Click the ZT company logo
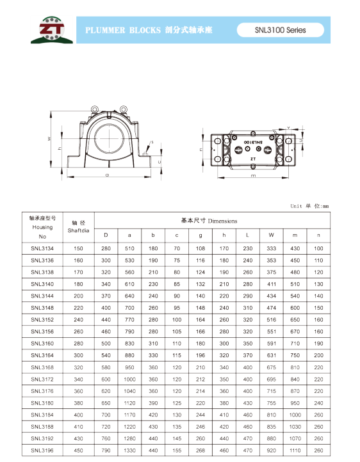tap(52, 30)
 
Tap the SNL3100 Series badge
tap(281, 30)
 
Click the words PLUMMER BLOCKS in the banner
tap(123, 30)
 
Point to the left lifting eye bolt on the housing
tap(94, 109)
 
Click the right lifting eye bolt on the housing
tap(123, 109)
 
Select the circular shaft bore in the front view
tap(109, 138)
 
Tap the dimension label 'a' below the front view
tap(107, 175)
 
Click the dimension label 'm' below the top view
tap(253, 175)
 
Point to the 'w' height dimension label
tap(49, 139)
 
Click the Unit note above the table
tap(309, 206)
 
